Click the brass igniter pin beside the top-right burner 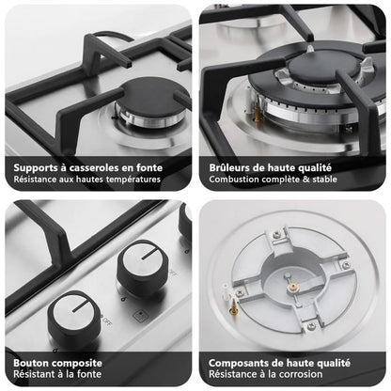258,115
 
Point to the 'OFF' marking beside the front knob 107,321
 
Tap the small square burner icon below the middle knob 140,316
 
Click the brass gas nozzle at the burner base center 293,286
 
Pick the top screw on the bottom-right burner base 276,234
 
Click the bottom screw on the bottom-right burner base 311,326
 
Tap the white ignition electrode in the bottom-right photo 225,290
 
